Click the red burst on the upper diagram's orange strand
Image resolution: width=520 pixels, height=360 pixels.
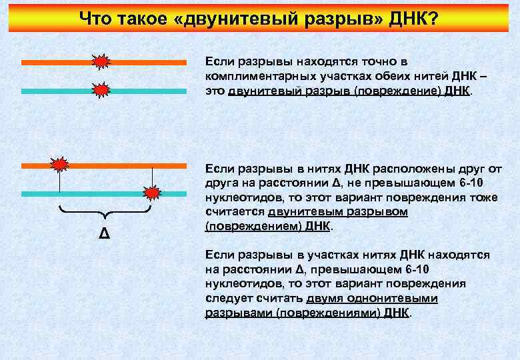click(x=100, y=63)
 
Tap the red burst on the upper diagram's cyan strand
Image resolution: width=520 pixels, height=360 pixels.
click(x=100, y=90)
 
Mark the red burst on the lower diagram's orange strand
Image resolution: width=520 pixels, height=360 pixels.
click(x=61, y=164)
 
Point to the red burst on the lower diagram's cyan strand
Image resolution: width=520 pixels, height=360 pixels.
click(x=153, y=193)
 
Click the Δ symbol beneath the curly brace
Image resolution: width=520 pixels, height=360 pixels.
click(x=104, y=235)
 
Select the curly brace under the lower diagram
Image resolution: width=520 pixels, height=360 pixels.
click(x=105, y=215)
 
